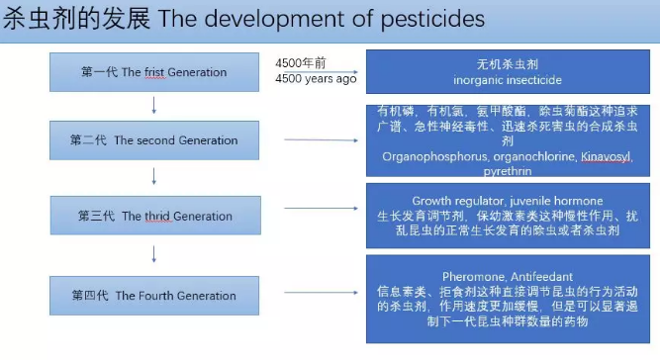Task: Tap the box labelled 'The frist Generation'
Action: pyautogui.click(x=153, y=72)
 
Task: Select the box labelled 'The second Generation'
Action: pyautogui.click(x=153, y=140)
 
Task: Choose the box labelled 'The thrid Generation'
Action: pyautogui.click(x=153, y=216)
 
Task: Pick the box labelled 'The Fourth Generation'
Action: pyautogui.click(x=153, y=295)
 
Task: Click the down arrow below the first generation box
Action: pyautogui.click(x=153, y=105)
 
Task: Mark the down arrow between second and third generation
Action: pyautogui.click(x=153, y=178)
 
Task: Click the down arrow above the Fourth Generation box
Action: pyautogui.click(x=153, y=254)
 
